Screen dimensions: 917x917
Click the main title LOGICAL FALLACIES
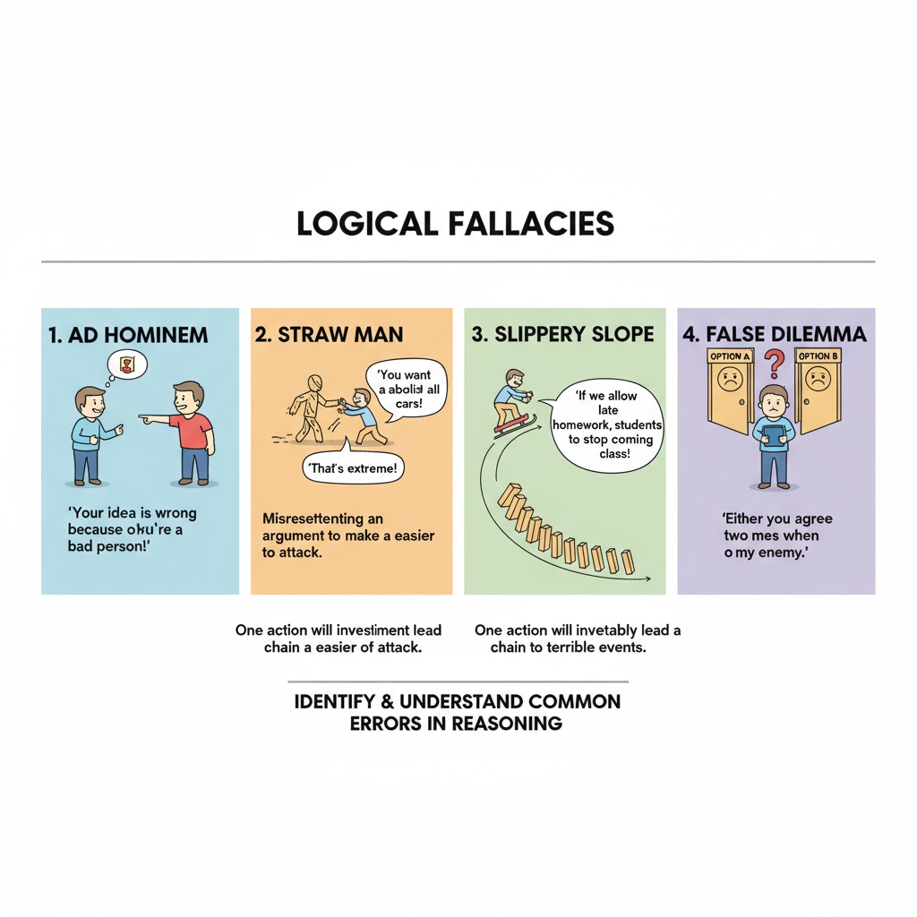pyautogui.click(x=456, y=224)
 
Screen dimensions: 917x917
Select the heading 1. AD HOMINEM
pyautogui.click(x=128, y=335)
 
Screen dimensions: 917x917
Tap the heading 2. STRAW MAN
pyautogui.click(x=329, y=335)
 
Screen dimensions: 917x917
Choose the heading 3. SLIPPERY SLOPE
pyautogui.click(x=562, y=335)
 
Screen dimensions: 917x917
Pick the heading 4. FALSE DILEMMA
pyautogui.click(x=775, y=335)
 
